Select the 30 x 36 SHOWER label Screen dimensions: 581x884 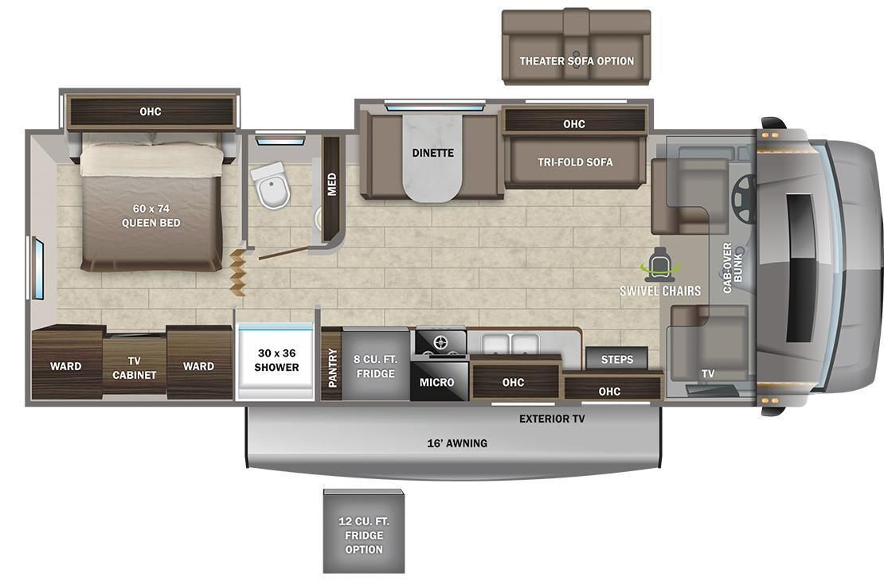point(276,360)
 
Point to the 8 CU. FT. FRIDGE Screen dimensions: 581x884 point(374,366)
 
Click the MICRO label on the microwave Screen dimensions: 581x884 point(436,383)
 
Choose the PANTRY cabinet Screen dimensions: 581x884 point(332,366)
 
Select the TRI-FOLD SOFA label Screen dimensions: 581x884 point(574,162)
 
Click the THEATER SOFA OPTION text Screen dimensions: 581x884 point(577,60)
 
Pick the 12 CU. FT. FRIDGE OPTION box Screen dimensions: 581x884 point(363,534)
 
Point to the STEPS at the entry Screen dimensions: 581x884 point(616,359)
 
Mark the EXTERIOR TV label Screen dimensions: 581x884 point(552,419)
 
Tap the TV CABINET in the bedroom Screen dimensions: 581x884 point(134,368)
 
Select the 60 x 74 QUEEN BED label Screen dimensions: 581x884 point(151,216)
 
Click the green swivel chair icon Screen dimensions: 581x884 point(660,264)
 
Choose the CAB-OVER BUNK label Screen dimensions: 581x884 point(732,267)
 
